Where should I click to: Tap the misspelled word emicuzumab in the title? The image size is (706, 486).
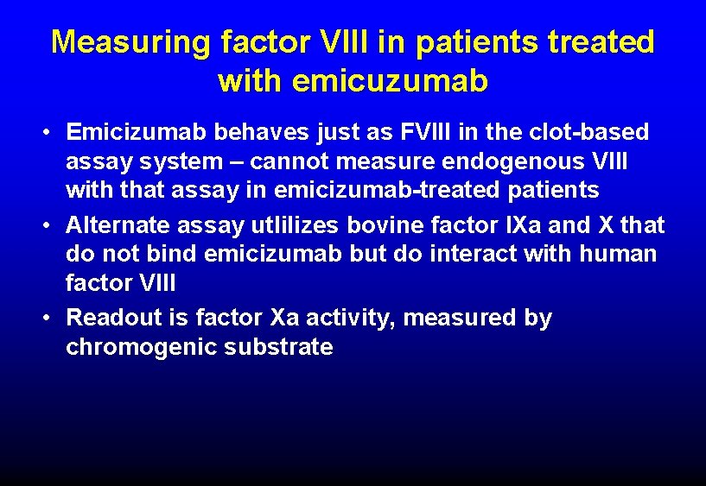click(x=391, y=80)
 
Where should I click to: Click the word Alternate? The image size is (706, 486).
click(x=118, y=225)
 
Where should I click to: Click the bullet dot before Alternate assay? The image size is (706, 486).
click(x=52, y=226)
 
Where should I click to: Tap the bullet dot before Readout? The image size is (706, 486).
click(x=52, y=319)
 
